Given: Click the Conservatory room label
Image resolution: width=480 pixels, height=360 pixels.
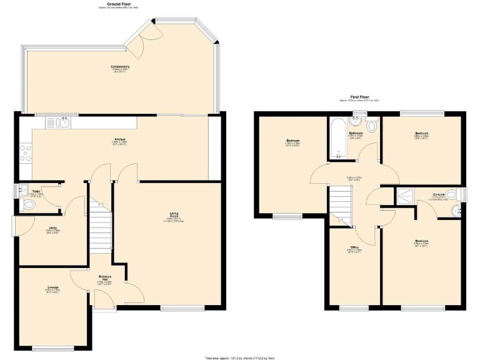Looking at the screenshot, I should click(x=120, y=67).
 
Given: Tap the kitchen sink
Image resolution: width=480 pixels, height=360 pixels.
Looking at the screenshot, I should click(x=64, y=122).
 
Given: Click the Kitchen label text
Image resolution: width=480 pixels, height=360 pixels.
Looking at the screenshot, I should click(x=119, y=139).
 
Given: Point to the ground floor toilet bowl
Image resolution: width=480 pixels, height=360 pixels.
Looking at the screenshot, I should click(x=27, y=205).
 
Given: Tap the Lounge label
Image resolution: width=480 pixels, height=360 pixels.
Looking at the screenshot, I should click(x=52, y=287).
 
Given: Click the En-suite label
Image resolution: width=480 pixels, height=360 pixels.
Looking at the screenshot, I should click(x=439, y=194).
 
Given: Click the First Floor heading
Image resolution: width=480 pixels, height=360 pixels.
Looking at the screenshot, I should click(x=359, y=97).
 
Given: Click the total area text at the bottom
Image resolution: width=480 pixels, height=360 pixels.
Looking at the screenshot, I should click(x=239, y=356).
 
